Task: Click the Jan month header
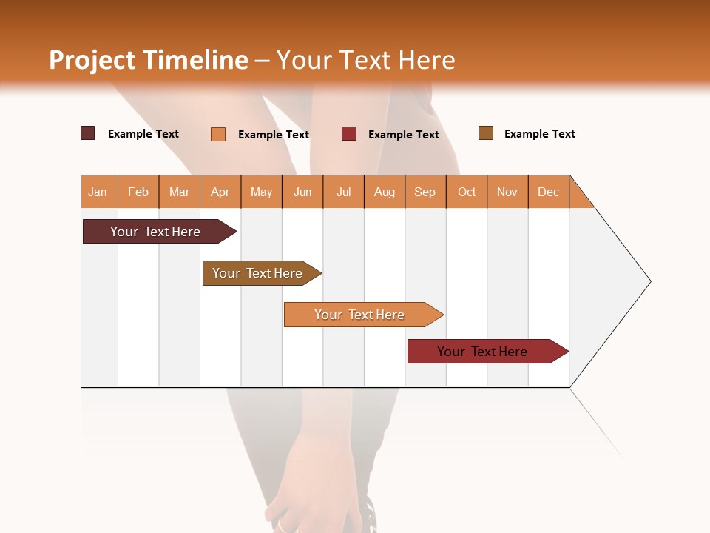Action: coord(98,192)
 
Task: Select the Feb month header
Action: coord(138,192)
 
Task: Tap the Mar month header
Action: coord(179,192)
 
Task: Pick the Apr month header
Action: coord(220,192)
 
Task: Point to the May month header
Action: coord(261,192)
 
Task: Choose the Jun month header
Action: coord(302,192)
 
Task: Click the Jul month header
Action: coord(343,192)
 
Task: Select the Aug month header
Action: coord(385,192)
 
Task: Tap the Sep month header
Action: coord(425,192)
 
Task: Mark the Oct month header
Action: coord(467,192)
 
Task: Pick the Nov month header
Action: coord(507,192)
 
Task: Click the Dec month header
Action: coord(549,192)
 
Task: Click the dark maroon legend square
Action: coord(88,133)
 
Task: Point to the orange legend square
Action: coord(218,134)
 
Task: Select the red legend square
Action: coord(349,134)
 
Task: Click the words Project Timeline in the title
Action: coord(149,60)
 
